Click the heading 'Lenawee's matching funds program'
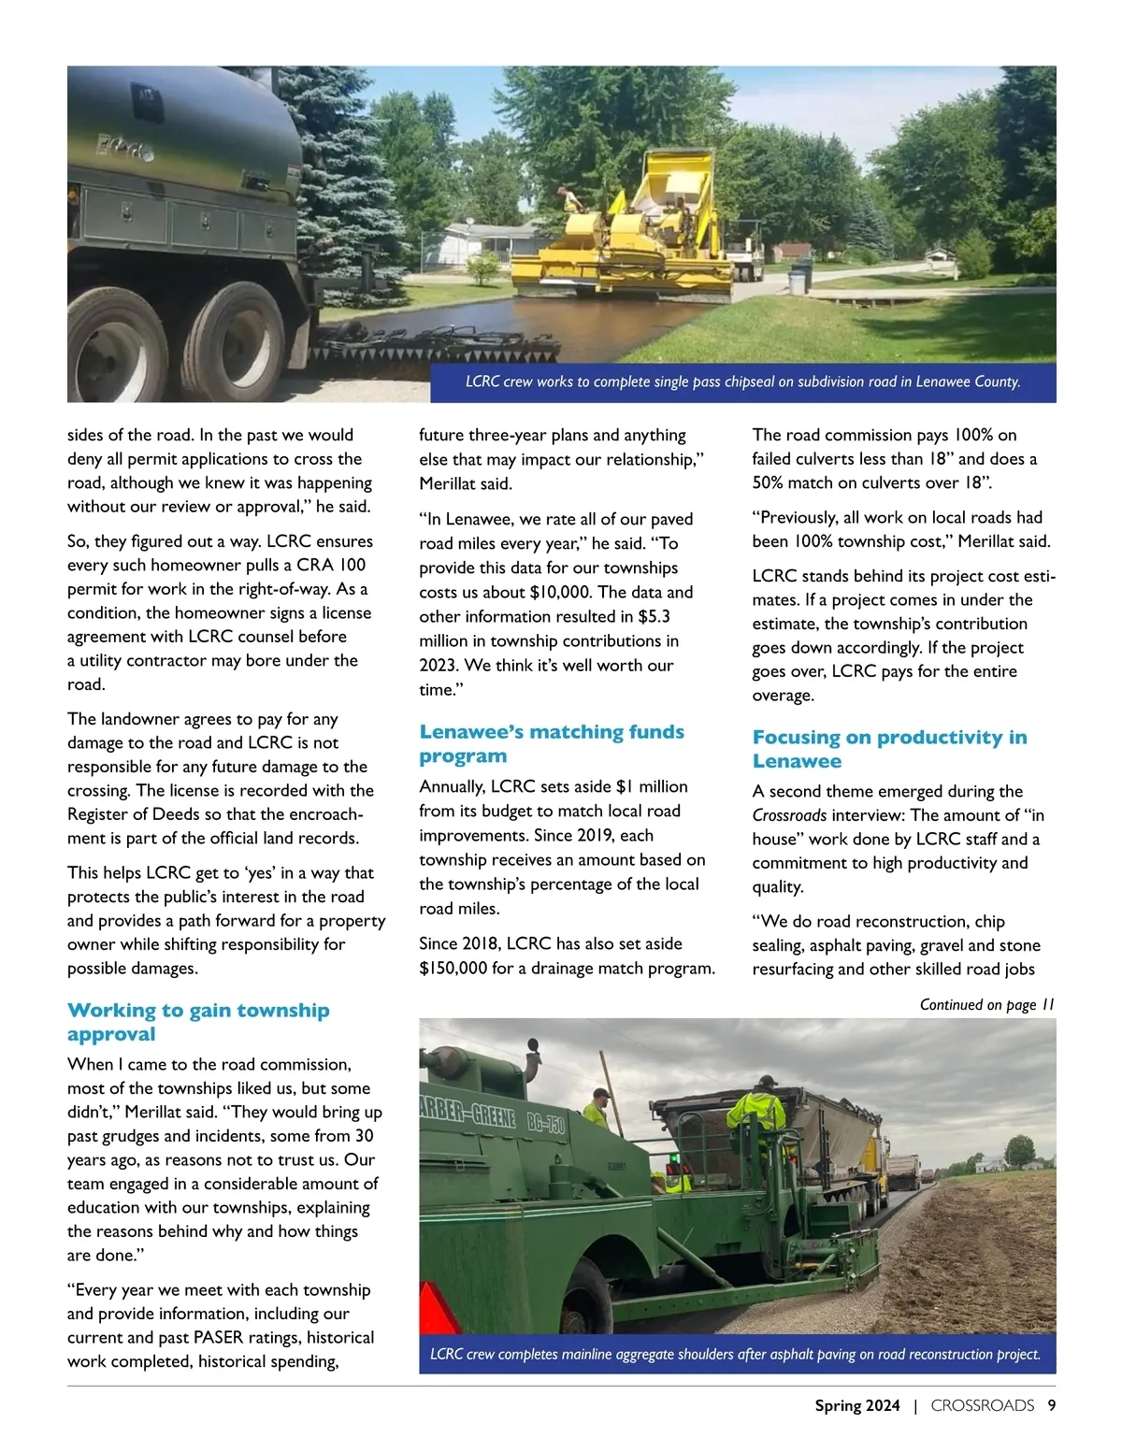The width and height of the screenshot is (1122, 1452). tap(551, 743)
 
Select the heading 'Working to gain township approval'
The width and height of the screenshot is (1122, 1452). tap(198, 1022)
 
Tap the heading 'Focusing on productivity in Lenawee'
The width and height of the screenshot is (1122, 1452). tap(889, 749)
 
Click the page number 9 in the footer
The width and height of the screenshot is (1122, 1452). tap(1052, 1405)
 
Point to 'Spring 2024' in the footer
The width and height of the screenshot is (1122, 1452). tap(856, 1405)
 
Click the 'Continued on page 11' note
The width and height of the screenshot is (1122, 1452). tap(986, 1004)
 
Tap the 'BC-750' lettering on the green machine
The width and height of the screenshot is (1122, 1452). tap(544, 1123)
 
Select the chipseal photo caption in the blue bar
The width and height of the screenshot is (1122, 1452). tap(742, 381)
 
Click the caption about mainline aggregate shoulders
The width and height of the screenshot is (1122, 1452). tap(735, 1354)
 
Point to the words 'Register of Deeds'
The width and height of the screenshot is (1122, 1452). tap(132, 814)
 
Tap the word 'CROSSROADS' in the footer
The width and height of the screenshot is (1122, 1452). tap(982, 1405)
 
